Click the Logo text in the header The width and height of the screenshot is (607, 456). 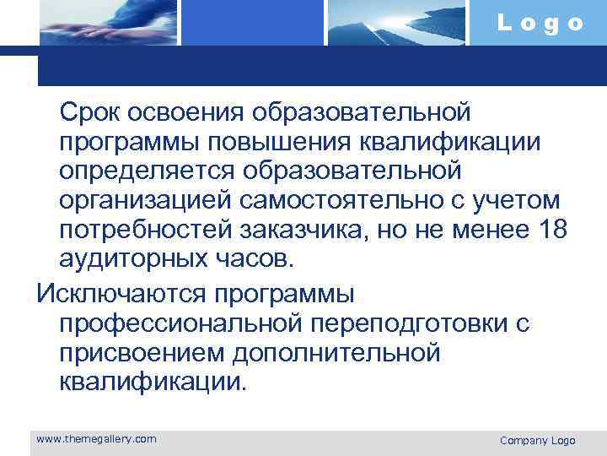[x=540, y=23]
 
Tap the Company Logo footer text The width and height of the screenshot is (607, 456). [x=537, y=440]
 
